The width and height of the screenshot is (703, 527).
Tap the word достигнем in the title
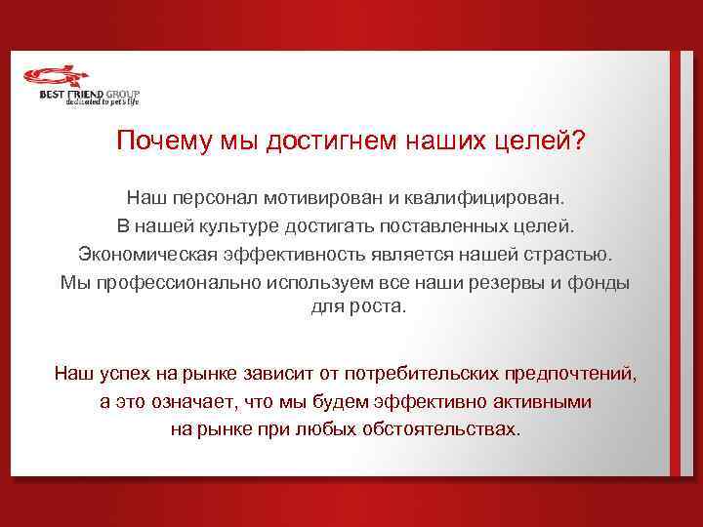[315, 142]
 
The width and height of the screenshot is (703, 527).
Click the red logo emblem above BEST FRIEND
[58, 76]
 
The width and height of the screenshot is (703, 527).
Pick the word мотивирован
[328, 198]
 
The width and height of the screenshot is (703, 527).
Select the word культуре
[217, 226]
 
